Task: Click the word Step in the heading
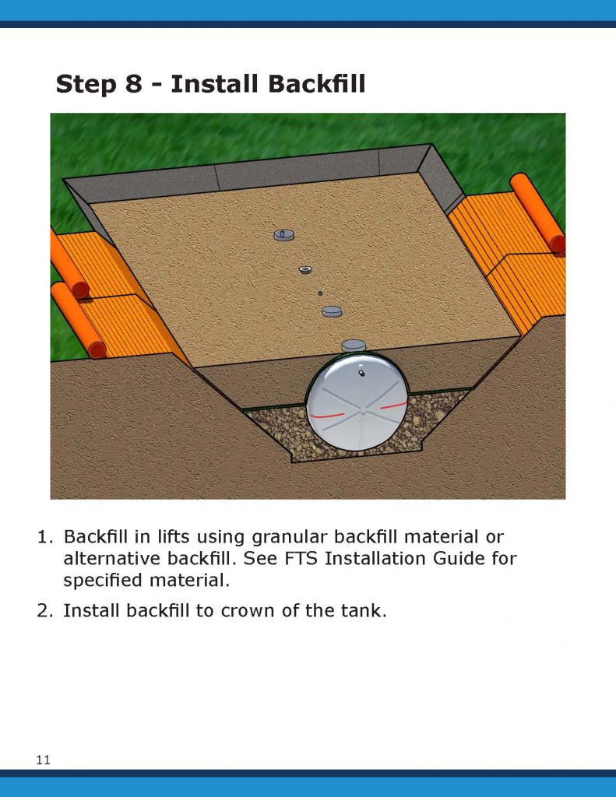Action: point(86,84)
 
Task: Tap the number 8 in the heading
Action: point(134,84)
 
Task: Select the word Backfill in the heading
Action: point(268,84)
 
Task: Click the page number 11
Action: point(44,760)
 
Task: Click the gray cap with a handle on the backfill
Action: point(283,234)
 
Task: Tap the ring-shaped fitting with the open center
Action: point(305,269)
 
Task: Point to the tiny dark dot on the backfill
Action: point(320,293)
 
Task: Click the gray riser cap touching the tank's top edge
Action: point(354,346)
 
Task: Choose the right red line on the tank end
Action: point(394,405)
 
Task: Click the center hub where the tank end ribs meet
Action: point(363,409)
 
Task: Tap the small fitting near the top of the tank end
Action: point(361,373)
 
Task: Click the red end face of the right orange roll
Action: point(558,244)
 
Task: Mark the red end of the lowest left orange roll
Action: point(97,349)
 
